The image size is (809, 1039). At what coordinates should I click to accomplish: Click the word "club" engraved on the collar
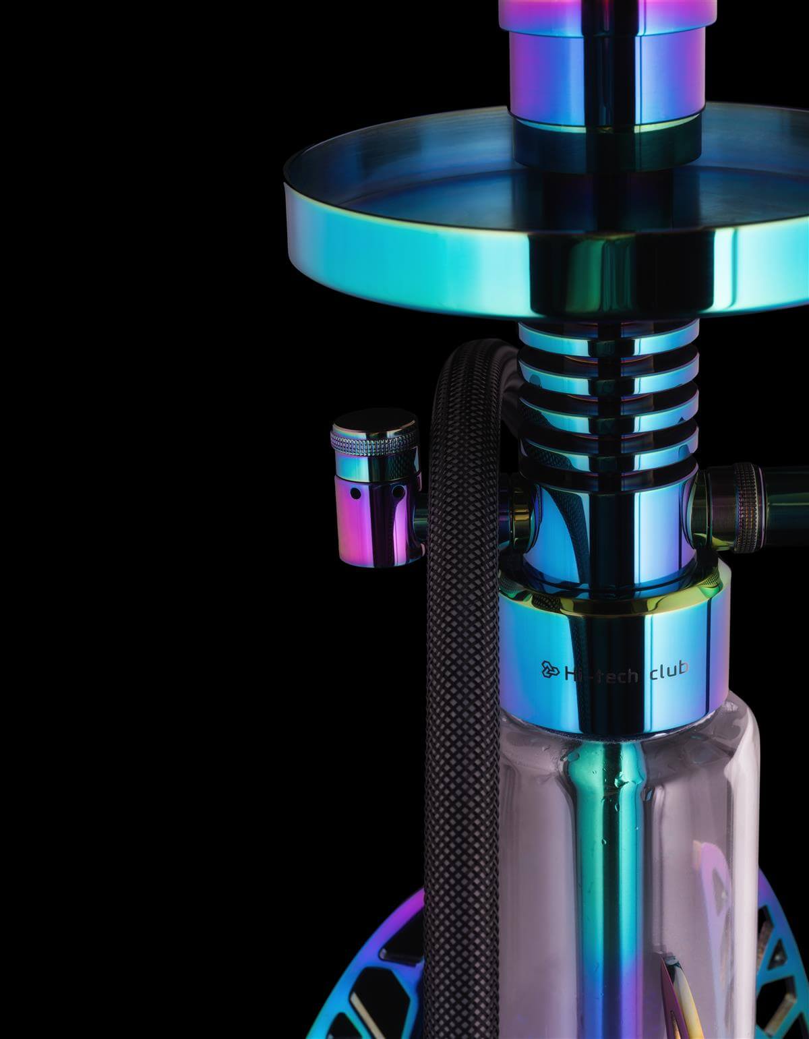click(x=669, y=669)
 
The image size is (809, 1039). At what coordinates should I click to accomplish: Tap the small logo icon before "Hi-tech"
click(x=551, y=670)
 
